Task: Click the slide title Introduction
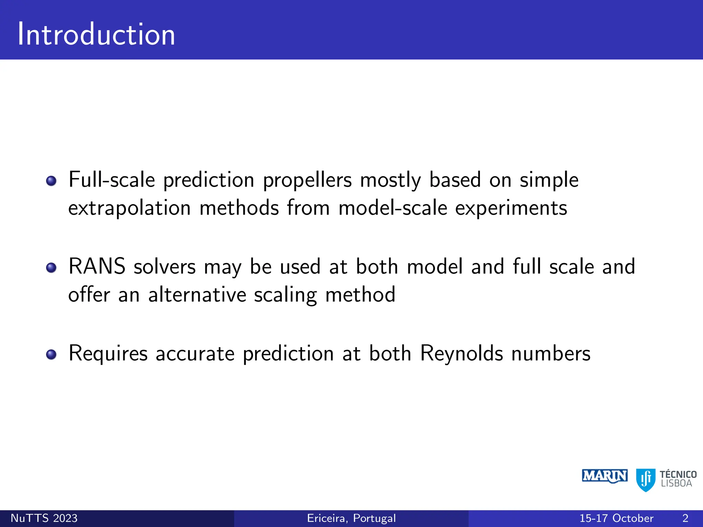coord(96,34)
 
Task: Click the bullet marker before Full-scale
coord(51,181)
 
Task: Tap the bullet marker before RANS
coord(51,268)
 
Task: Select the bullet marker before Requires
coord(51,354)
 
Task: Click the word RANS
coord(97,267)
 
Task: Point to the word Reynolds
coord(461,353)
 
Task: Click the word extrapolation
coord(129,209)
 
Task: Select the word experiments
coord(511,209)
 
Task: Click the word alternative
coord(197,295)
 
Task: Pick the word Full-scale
coord(112,180)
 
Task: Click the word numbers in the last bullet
coord(551,353)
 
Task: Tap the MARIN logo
coord(604,476)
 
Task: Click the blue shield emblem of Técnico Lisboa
coord(646,480)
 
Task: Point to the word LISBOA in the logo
coord(676,483)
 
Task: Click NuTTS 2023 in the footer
coord(44,518)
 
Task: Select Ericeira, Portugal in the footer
coord(351,518)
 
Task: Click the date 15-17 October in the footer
coord(616,518)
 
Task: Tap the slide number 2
coord(685,518)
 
